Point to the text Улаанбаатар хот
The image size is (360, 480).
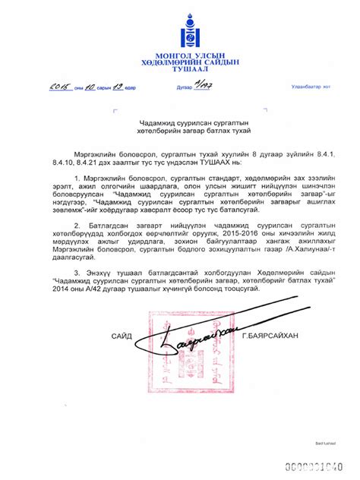point(308,87)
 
